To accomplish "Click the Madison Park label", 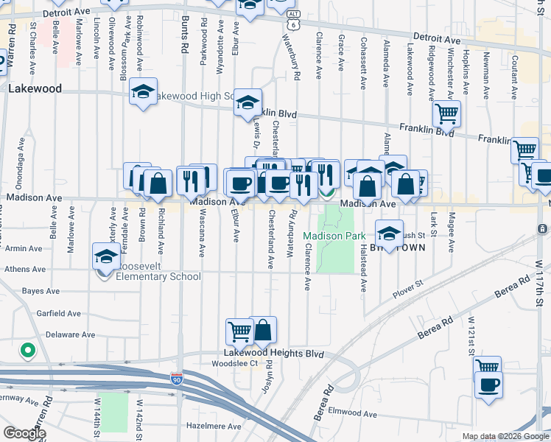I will point(334,236).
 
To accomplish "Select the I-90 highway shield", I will point(177,379).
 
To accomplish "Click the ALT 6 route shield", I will point(294,20).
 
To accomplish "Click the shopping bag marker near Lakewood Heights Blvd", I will point(263,330).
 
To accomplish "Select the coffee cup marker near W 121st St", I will point(488,384).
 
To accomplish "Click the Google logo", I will point(25,432).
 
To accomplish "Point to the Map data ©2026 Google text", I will point(505,436).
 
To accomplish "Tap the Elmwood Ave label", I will point(352,413).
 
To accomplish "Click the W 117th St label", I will point(539,284).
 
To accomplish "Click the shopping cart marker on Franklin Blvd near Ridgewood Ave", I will point(446,113).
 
